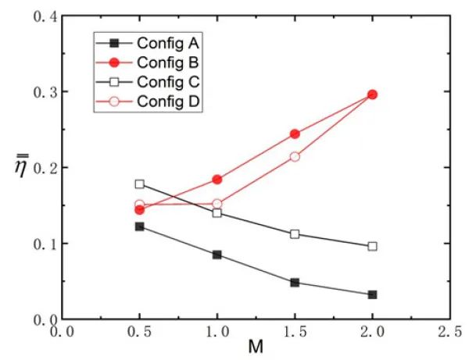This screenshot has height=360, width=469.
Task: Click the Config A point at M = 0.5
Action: (x=139, y=226)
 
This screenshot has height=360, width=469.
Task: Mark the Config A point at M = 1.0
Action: (x=217, y=255)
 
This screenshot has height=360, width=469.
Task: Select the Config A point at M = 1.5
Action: (x=295, y=282)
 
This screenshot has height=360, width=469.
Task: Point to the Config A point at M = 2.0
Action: (x=372, y=294)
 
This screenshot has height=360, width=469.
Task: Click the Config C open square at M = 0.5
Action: (x=139, y=184)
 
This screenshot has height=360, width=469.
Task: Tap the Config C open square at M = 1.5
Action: (x=295, y=234)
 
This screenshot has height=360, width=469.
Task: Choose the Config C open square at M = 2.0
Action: (x=372, y=246)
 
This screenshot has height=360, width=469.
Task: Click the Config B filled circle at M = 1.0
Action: (x=217, y=180)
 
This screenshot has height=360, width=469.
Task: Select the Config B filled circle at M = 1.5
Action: (x=295, y=134)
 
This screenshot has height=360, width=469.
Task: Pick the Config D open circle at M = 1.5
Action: (x=295, y=156)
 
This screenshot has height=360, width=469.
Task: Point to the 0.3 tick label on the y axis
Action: (x=41, y=92)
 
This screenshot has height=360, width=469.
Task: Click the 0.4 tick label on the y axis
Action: (x=41, y=16)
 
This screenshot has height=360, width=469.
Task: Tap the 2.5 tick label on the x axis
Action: (x=449, y=332)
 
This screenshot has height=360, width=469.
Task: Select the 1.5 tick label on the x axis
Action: (x=295, y=332)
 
